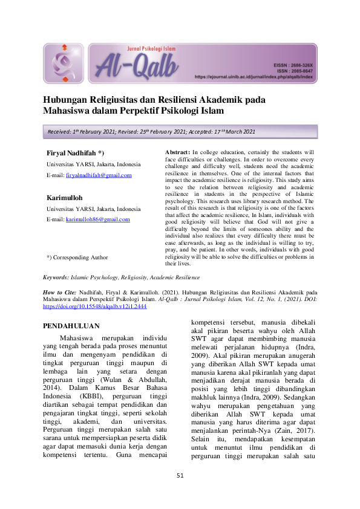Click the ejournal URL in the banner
pos(254,77)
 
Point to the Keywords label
pos(59,277)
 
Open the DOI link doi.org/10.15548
pos(94,306)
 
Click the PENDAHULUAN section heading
pos(70,326)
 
